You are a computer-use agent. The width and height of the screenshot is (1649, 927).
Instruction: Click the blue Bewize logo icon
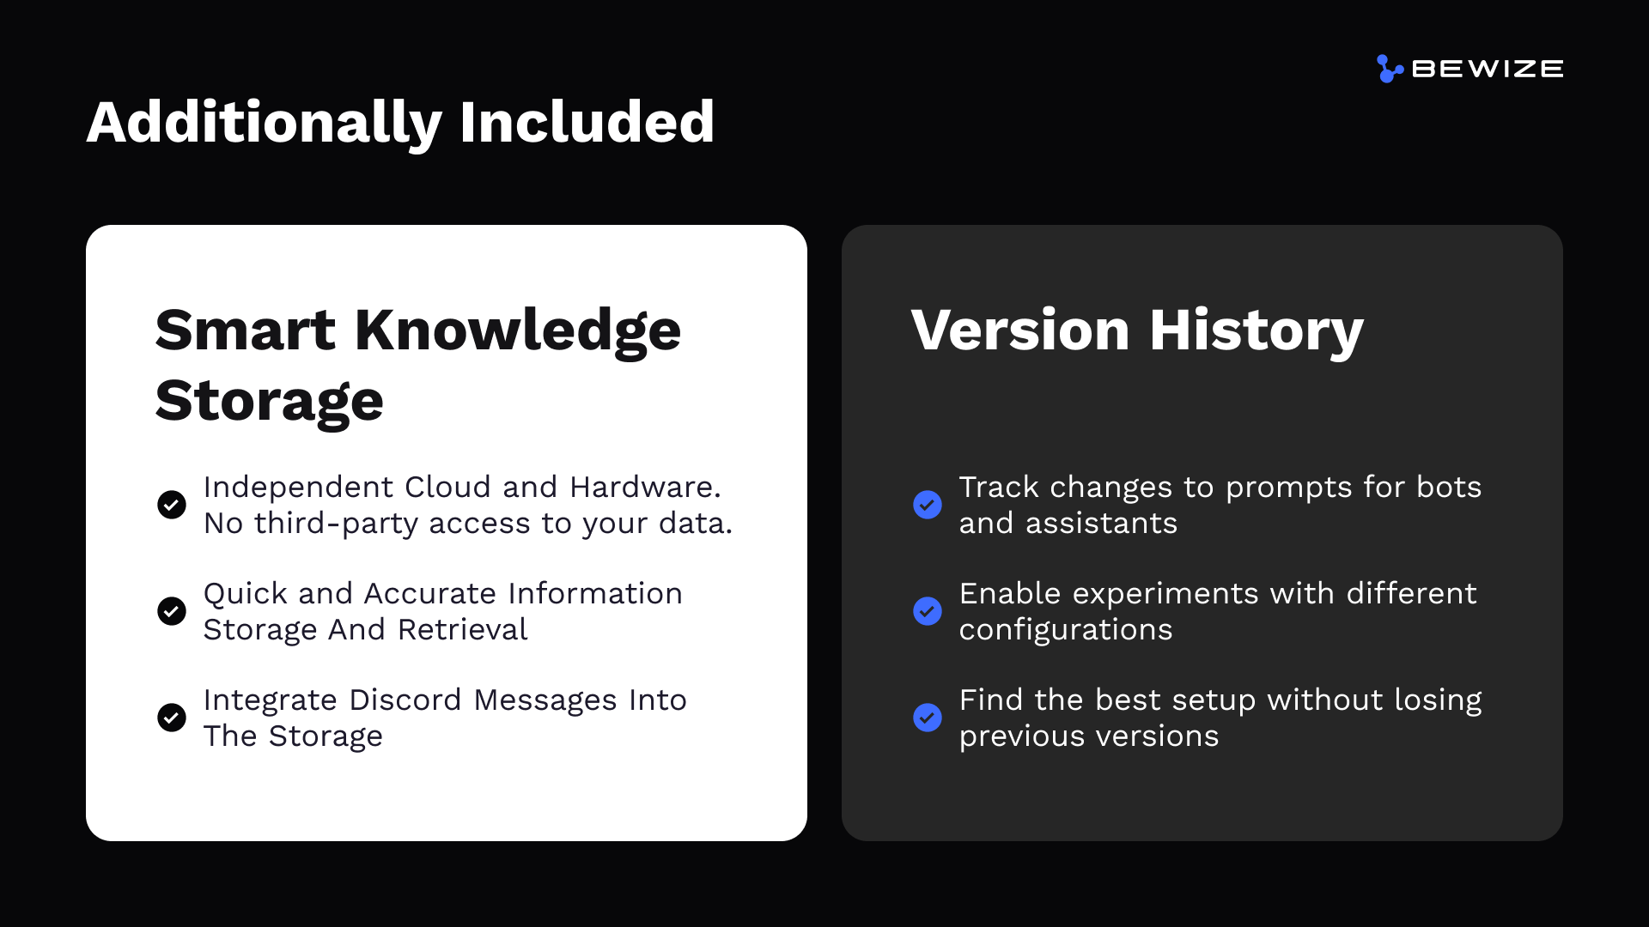(1390, 69)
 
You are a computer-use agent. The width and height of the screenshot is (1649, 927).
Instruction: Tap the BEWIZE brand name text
(1488, 69)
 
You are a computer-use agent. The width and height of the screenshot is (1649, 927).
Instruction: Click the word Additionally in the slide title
(265, 123)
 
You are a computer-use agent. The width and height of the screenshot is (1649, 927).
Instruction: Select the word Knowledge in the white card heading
(518, 332)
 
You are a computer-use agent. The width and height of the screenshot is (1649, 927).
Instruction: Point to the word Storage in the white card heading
(269, 402)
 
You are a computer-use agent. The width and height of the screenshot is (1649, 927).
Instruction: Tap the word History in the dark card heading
(1257, 332)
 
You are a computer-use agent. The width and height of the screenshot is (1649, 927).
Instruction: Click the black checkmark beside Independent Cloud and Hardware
(172, 505)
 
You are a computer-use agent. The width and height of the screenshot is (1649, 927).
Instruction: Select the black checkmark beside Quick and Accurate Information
(172, 611)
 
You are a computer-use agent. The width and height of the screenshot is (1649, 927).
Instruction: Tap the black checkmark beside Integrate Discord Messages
(172, 718)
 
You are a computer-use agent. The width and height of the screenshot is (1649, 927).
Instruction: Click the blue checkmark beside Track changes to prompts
(928, 505)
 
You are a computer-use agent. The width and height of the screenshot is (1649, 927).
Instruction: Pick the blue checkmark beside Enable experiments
(928, 611)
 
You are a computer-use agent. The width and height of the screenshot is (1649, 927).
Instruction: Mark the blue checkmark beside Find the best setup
(928, 718)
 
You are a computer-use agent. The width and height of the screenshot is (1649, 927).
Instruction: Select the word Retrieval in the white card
(462, 629)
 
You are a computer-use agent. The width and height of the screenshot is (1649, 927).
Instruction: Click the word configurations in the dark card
(1066, 631)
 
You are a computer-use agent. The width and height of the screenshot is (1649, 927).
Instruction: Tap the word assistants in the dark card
(1101, 524)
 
